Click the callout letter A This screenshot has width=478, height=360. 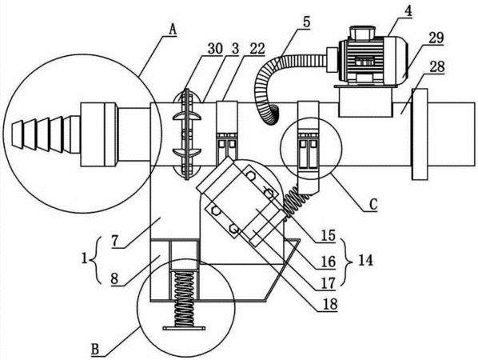pos(173,30)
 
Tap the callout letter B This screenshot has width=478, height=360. pos(95,349)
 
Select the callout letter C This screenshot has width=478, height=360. pos(373,205)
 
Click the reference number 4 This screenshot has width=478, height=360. pos(408,11)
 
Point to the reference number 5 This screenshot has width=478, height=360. pos(306,22)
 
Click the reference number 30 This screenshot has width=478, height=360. pos(215,49)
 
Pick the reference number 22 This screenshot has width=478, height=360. pos(257,49)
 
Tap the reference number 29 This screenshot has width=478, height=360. pos(436,38)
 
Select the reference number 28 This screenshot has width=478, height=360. pos(436,67)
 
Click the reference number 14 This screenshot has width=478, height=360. pos(365,260)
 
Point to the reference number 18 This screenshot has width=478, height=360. pos(330,304)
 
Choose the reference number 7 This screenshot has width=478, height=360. pos(114,242)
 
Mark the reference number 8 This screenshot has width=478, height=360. pos(114,279)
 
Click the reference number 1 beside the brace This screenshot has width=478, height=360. pos(84,260)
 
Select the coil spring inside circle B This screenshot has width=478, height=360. pos(184,299)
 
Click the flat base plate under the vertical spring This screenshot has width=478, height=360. pos(184,328)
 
